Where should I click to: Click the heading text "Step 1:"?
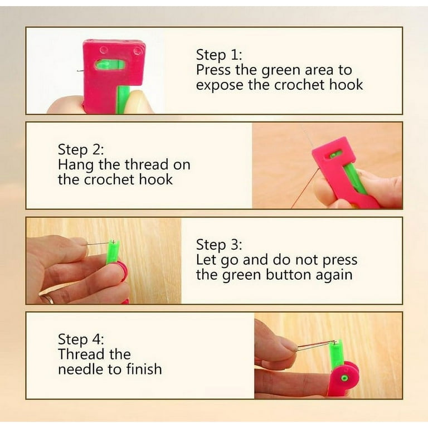point(219,55)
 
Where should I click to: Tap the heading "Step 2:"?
point(81,149)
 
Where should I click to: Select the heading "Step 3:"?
point(219,245)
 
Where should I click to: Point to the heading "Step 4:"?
point(81,339)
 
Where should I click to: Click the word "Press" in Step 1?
point(213,70)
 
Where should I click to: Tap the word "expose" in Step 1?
point(220,85)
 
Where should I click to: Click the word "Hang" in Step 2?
point(76,165)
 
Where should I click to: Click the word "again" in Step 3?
point(334,276)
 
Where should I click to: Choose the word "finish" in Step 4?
point(144,369)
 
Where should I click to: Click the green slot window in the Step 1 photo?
point(110,65)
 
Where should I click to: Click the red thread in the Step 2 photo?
point(305,188)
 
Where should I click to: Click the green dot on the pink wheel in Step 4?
point(345,378)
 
